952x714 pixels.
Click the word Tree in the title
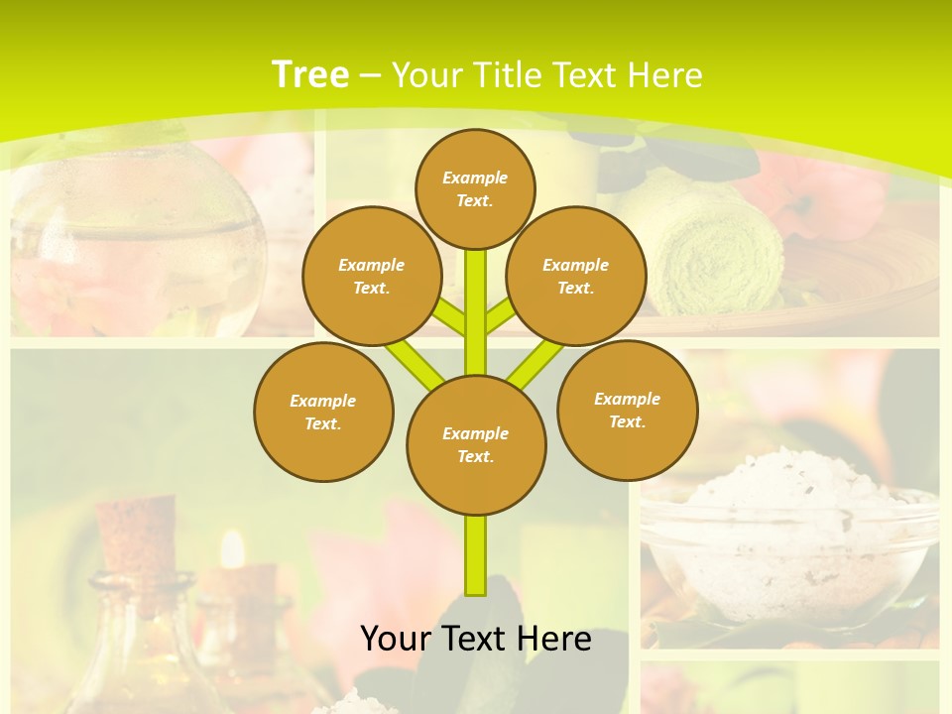(x=310, y=74)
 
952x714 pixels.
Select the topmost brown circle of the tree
(x=475, y=188)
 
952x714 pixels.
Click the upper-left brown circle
(x=372, y=276)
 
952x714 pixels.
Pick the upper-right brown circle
(x=576, y=276)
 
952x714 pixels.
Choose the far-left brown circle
(x=323, y=412)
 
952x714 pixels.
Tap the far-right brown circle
(x=627, y=410)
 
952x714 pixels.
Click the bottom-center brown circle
(x=476, y=444)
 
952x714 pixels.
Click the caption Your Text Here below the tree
(x=476, y=639)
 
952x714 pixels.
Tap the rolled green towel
(x=714, y=248)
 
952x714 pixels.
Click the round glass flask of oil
(x=139, y=248)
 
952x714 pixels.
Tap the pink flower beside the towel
(x=833, y=198)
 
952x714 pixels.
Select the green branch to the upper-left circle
(x=449, y=318)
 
